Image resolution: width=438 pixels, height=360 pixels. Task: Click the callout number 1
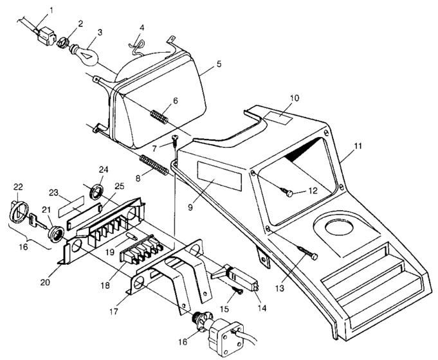[51, 10]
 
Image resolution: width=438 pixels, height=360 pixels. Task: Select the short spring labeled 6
[160, 117]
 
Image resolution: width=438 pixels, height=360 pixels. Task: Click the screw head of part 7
[176, 138]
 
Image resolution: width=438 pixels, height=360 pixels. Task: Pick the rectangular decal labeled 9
[219, 176]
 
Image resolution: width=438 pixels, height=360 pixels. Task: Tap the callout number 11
[358, 146]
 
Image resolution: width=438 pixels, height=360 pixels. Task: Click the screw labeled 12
[287, 192]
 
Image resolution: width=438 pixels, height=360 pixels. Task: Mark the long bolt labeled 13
[308, 252]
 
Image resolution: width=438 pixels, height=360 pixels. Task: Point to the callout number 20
[45, 282]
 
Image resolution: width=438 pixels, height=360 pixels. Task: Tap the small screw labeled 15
[237, 291]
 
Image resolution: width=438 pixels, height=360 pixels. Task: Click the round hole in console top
[339, 227]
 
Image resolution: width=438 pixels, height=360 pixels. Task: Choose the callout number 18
[105, 285]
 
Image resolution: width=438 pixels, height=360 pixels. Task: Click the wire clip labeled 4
[137, 46]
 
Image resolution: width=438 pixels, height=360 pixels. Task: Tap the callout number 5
[219, 64]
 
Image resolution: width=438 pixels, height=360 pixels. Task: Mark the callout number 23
[53, 193]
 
